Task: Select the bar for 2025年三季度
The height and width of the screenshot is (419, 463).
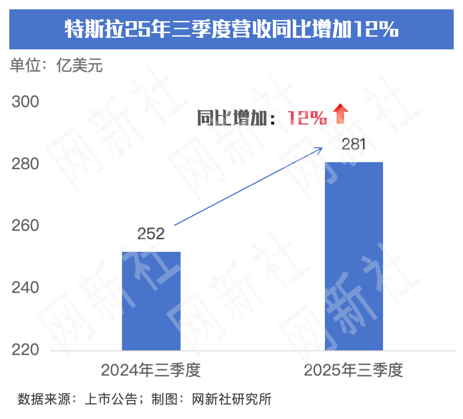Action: [x=354, y=256]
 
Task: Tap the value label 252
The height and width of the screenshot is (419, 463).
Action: [x=151, y=234]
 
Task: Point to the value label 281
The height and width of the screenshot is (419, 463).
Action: [x=354, y=144]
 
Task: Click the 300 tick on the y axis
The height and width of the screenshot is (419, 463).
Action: [x=25, y=102]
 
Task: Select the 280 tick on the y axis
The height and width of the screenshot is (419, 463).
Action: [x=25, y=164]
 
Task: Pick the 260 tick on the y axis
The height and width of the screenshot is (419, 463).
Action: [x=25, y=226]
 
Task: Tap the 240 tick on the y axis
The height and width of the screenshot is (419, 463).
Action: [x=25, y=288]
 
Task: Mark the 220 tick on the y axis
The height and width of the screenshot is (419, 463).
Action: [x=25, y=350]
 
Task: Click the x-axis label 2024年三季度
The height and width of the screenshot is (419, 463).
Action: [x=151, y=371]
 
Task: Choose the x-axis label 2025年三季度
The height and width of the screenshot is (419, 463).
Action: [x=354, y=371]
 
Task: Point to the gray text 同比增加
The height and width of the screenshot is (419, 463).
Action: [x=232, y=118]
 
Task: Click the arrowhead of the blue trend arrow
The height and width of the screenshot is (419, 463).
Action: [x=319, y=149]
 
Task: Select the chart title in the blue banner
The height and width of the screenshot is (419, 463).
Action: [x=231, y=30]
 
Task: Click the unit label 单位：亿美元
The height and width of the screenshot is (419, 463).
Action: [x=56, y=66]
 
